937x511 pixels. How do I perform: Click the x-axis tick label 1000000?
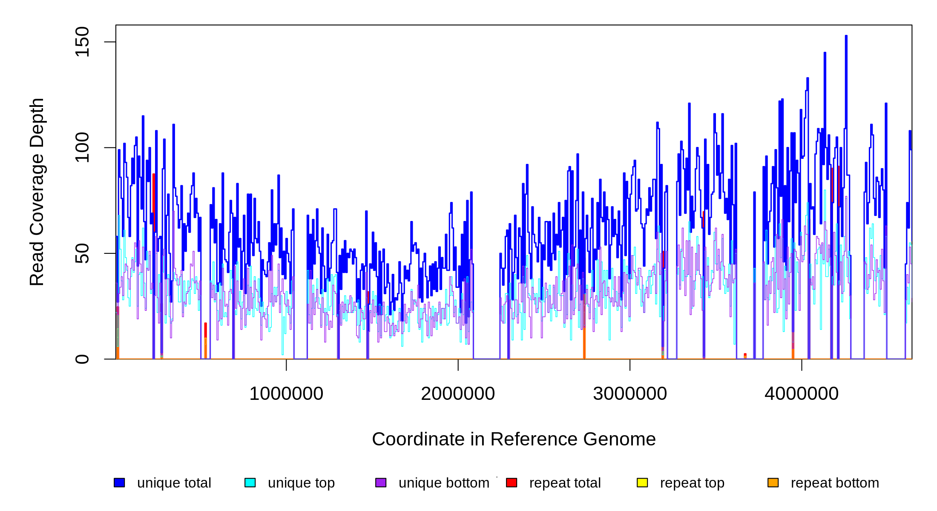click(286, 394)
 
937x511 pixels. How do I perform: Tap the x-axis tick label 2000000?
click(458, 394)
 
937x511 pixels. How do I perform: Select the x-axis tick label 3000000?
click(630, 394)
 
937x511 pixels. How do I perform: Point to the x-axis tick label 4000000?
click(802, 394)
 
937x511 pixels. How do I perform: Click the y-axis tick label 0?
click(82, 359)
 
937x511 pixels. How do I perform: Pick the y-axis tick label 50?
click(82, 253)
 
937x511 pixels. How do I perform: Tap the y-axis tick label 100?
click(82, 147)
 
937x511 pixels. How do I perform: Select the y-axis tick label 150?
click(82, 42)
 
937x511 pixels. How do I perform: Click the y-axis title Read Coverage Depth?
click(37, 192)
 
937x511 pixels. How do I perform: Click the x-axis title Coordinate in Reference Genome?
click(514, 439)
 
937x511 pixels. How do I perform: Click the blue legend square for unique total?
click(119, 482)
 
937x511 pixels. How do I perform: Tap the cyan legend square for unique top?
click(250, 482)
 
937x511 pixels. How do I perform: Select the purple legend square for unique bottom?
click(381, 482)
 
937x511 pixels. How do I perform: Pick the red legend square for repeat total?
click(512, 482)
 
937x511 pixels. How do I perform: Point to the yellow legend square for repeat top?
click(642, 482)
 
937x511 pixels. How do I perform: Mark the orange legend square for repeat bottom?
click(773, 482)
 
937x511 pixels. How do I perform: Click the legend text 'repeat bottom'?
click(835, 483)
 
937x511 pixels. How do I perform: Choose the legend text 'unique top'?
click(301, 483)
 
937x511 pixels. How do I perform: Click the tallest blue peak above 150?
click(846, 38)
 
